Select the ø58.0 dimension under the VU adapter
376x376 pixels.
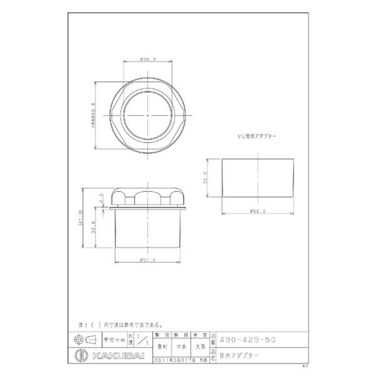(259, 211)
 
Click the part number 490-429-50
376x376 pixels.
(248, 338)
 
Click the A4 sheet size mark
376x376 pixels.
(305, 365)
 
